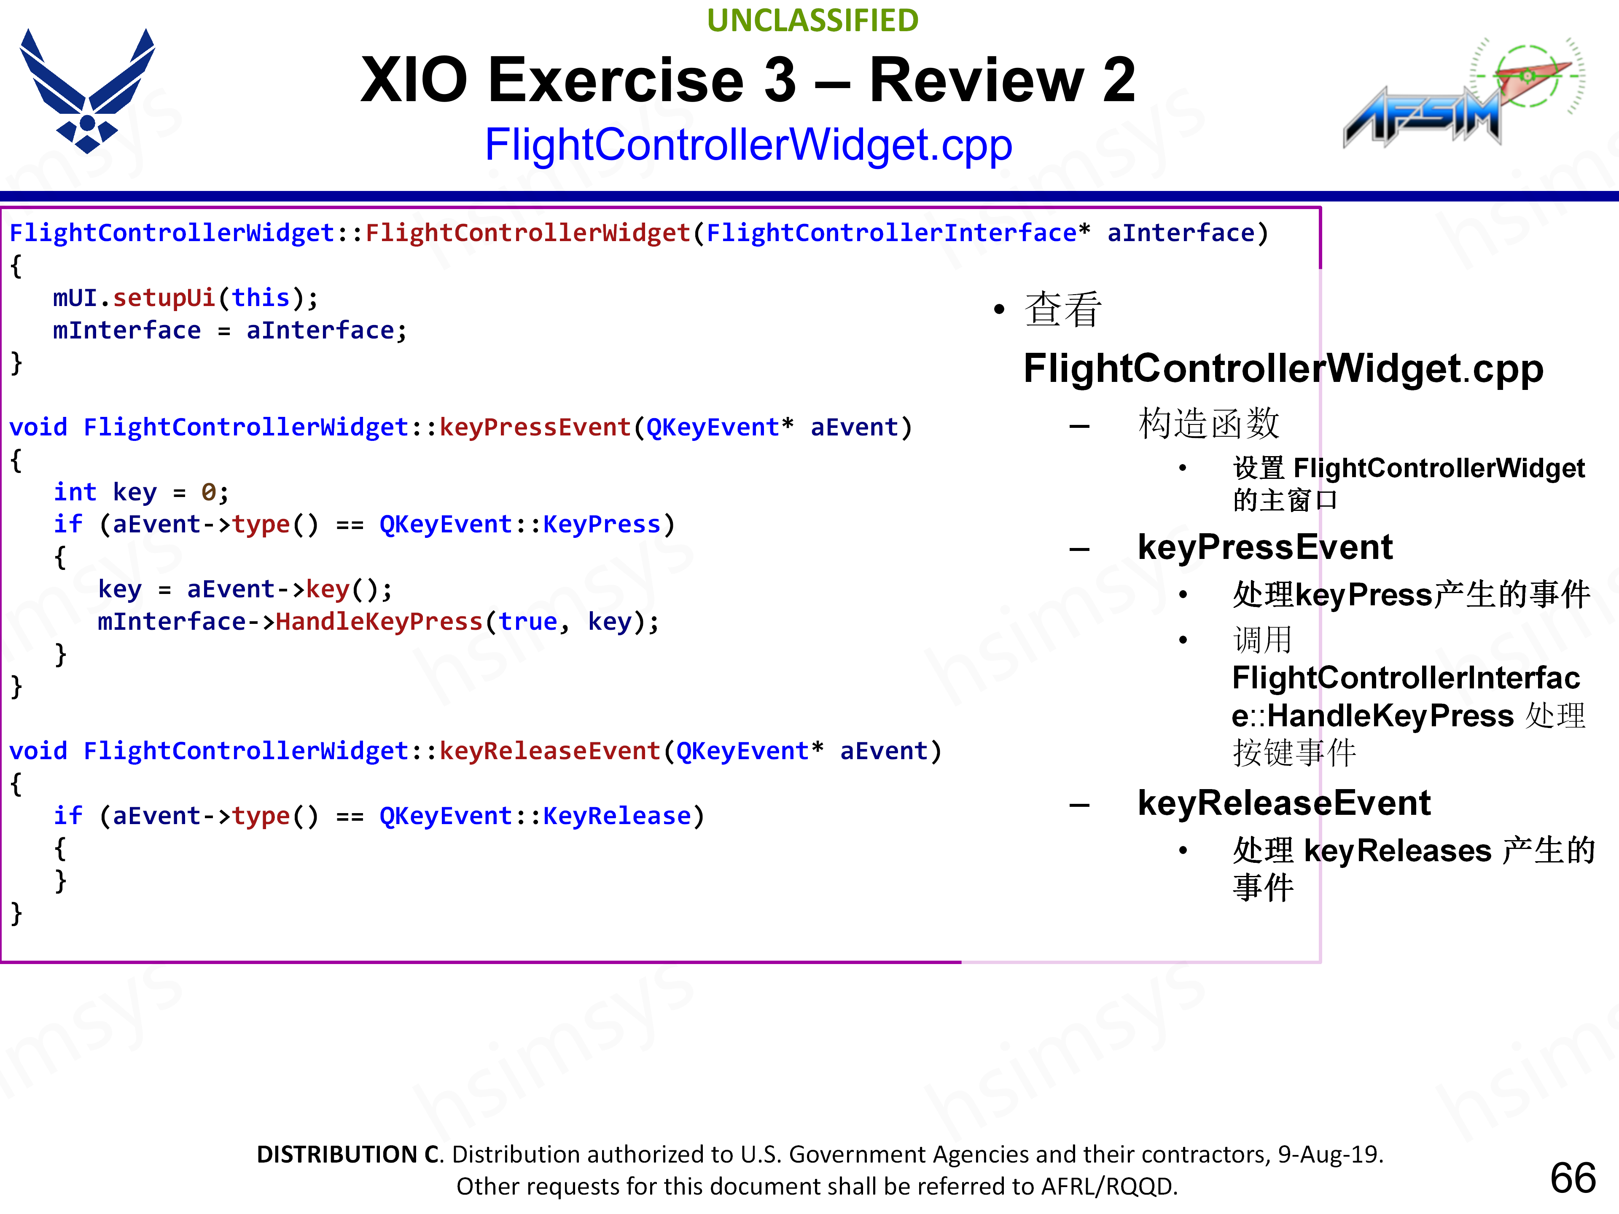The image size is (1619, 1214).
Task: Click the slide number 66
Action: pos(1572,1178)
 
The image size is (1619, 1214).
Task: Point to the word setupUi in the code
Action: pos(164,298)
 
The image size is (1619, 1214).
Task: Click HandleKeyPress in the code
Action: pos(379,622)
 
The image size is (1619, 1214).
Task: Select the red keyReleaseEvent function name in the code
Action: pos(550,752)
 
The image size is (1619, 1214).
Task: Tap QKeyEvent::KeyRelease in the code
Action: pos(535,816)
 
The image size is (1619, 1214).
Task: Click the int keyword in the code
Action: pos(75,492)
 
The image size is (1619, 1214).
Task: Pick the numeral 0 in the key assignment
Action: pos(209,492)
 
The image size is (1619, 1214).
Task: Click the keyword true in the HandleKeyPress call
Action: pos(528,622)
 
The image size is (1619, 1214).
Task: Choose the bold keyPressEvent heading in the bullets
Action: pos(1265,548)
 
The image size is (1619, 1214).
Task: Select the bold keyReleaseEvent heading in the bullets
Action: pos(1284,803)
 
